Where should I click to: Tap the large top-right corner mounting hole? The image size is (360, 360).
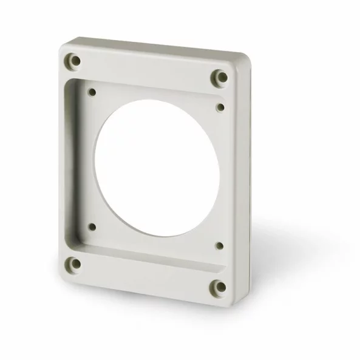tap(219, 77)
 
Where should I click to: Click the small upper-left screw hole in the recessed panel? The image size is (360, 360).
tap(92, 93)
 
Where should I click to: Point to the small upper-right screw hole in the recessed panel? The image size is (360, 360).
tap(220, 107)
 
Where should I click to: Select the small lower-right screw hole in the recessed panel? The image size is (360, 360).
tap(219, 246)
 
